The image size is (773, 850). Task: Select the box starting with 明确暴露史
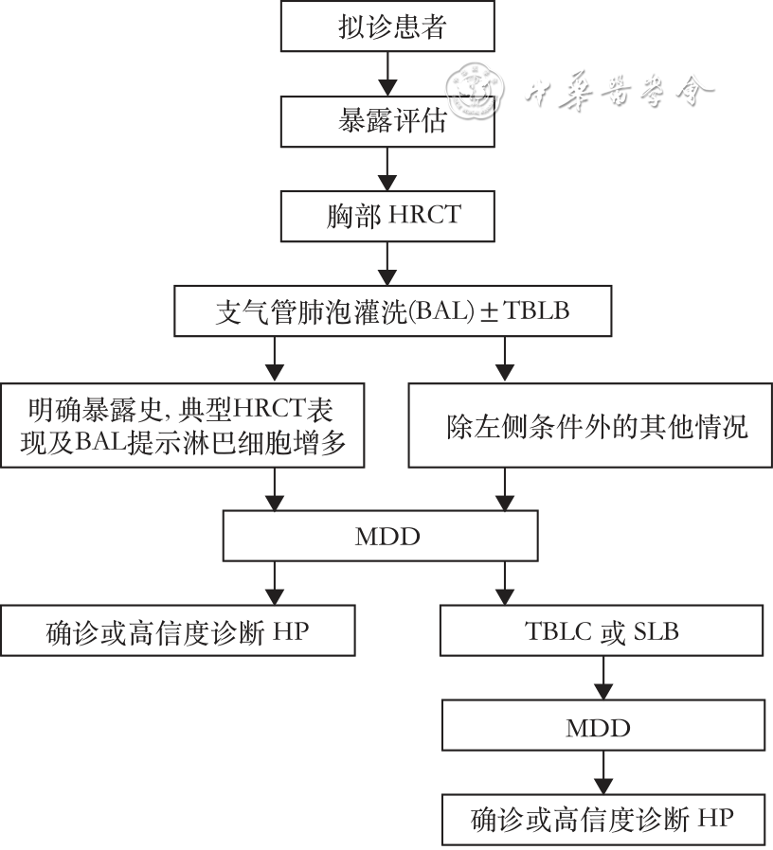tap(183, 424)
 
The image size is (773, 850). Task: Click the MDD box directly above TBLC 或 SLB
tap(386, 537)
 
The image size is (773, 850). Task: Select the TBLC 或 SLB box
tap(602, 631)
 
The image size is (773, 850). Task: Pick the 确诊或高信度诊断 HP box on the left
tap(178, 631)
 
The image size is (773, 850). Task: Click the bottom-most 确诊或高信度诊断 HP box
tap(602, 819)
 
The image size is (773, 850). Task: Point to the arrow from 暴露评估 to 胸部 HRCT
tap(386, 168)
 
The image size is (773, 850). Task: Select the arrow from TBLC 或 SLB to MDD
tap(603, 680)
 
